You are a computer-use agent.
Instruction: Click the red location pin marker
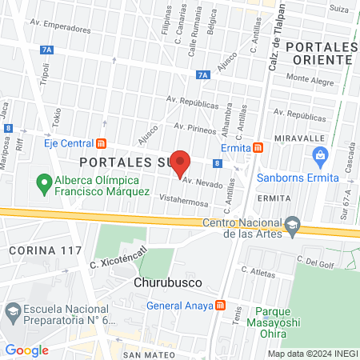tap(180, 163)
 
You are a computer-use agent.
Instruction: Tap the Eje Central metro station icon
tap(102, 144)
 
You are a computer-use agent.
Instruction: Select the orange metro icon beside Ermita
tap(258, 148)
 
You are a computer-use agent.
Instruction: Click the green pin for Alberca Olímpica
tap(45, 185)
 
